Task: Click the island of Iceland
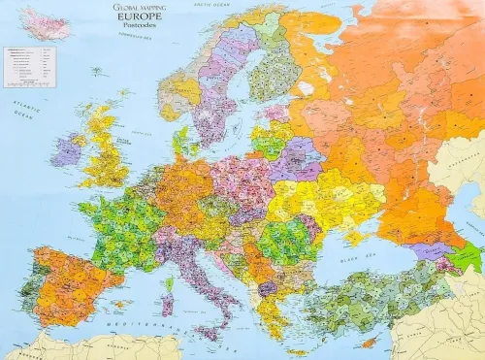[44, 22]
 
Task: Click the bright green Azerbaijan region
[469, 256]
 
